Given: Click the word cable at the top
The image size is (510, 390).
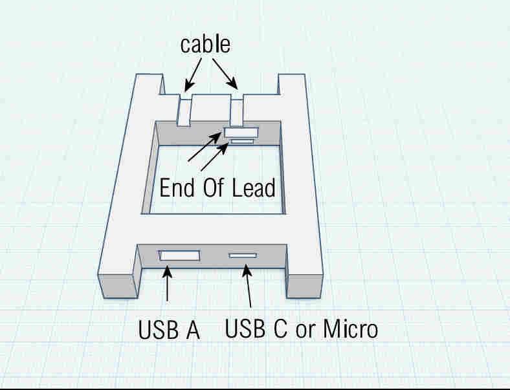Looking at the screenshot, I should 205,45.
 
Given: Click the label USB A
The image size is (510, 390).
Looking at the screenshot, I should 169,330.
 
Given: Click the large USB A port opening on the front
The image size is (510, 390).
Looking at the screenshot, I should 180,255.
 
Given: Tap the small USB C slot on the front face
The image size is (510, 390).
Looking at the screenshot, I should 243,255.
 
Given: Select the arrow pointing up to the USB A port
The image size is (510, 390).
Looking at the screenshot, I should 168,285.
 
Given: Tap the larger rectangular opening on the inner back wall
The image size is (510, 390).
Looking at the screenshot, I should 240,132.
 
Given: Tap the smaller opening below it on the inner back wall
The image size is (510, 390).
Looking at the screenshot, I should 243,140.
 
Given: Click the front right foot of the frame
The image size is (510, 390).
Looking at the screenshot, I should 304,285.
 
